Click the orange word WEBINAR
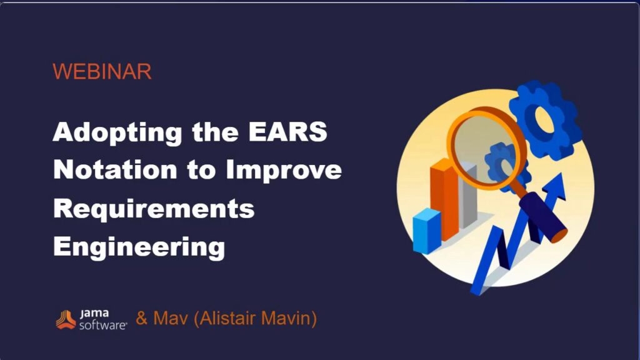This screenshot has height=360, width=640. click(x=102, y=71)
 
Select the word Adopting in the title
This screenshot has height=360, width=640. click(x=117, y=132)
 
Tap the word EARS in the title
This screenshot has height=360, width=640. click(x=287, y=131)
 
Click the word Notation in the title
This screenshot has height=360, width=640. click(x=115, y=169)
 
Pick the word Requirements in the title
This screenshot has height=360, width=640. click(x=154, y=209)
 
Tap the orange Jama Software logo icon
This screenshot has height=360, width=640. click(x=66, y=319)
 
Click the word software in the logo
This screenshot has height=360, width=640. click(x=103, y=325)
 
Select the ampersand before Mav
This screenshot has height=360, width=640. click(x=142, y=318)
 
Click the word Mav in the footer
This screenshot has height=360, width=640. click(x=171, y=318)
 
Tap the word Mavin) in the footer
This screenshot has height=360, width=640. click(x=289, y=318)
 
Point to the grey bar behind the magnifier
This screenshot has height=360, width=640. click(x=467, y=196)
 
